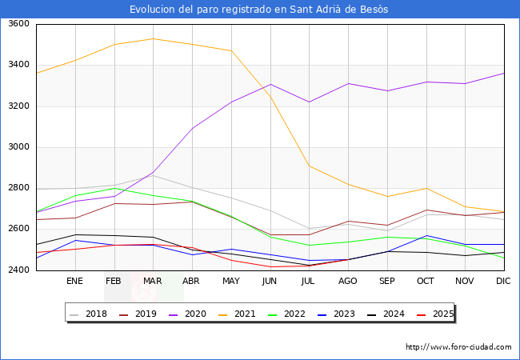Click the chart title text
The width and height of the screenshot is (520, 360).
pyautogui.click(x=259, y=10)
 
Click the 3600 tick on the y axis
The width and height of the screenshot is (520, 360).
pyautogui.click(x=18, y=24)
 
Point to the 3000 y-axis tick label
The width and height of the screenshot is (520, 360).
pyautogui.click(x=18, y=147)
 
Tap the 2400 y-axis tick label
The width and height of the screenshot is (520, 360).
pyautogui.click(x=18, y=270)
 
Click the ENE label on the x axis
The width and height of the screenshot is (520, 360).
pyautogui.click(x=74, y=282)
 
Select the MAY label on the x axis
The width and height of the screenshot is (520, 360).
pyautogui.click(x=231, y=282)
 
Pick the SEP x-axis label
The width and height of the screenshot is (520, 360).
pyautogui.click(x=387, y=282)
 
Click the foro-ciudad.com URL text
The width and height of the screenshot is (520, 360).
pyautogui.click(x=458, y=347)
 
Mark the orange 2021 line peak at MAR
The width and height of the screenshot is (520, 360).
pyautogui.click(x=153, y=38)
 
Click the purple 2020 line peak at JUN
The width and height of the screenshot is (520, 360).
pyautogui.click(x=270, y=84)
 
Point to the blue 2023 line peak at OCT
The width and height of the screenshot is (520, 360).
pyautogui.click(x=426, y=236)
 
